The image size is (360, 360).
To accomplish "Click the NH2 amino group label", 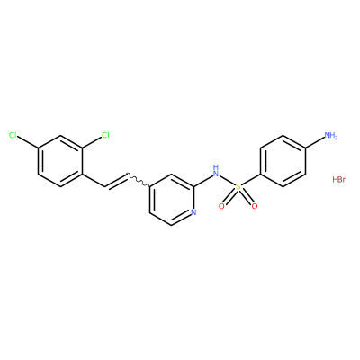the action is (331, 136).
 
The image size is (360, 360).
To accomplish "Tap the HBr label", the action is (339, 180).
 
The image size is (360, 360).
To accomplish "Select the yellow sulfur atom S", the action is (238, 187).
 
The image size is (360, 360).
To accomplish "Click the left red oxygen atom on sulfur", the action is (221, 206).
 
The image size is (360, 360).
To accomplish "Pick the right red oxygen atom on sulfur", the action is (255, 206).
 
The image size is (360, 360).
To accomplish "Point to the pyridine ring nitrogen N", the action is (193, 212).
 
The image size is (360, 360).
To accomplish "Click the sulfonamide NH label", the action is (215, 170).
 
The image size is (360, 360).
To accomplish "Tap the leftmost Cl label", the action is (13, 136).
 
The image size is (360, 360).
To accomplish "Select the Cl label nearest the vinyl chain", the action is (105, 136).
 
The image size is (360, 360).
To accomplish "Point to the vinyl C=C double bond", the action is (116, 180).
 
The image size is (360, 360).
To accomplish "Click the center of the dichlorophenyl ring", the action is (59, 161).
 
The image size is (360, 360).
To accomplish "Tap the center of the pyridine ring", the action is (172, 200).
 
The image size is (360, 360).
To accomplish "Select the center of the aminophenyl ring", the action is (283, 161).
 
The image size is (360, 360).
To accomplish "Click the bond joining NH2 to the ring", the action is (315, 143).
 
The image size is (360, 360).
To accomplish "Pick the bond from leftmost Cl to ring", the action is (28, 143).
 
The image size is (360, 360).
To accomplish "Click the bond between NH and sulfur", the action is (227, 181).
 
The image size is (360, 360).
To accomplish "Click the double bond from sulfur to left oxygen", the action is (229, 197).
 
